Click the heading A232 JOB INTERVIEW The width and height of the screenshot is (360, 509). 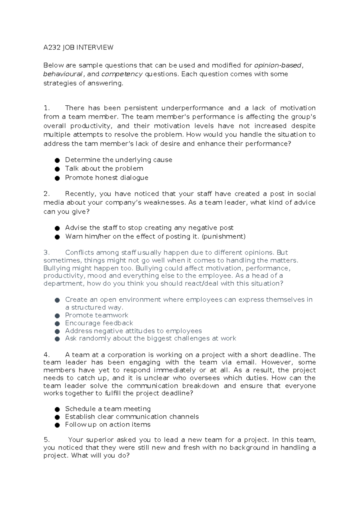tap(78, 47)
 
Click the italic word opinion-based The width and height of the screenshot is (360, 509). tap(277, 65)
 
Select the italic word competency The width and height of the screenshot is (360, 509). tap(122, 74)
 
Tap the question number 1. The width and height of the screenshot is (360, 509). tap(46, 108)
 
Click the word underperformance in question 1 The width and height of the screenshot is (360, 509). tap(192, 108)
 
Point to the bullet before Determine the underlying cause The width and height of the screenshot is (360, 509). tap(57, 160)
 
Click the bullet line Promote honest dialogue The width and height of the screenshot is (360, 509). tap(106, 178)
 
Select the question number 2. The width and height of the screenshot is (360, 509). tap(46, 194)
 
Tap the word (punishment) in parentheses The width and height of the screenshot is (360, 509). tap(224, 236)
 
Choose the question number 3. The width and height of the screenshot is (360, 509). tap(46, 253)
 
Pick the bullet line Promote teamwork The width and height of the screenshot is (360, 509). tap(97, 315)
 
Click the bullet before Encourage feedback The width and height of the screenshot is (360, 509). tap(57, 324)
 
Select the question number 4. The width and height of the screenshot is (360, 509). tap(46, 355)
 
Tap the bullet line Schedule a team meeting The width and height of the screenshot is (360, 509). tap(108, 409)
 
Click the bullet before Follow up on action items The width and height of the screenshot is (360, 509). tap(57, 425)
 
